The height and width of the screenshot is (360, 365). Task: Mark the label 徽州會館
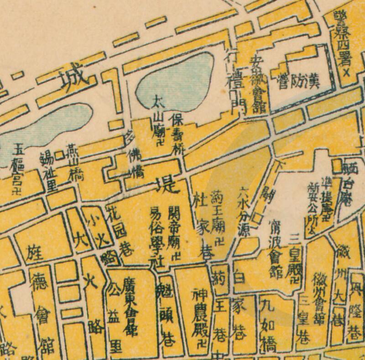(x=319, y=297)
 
